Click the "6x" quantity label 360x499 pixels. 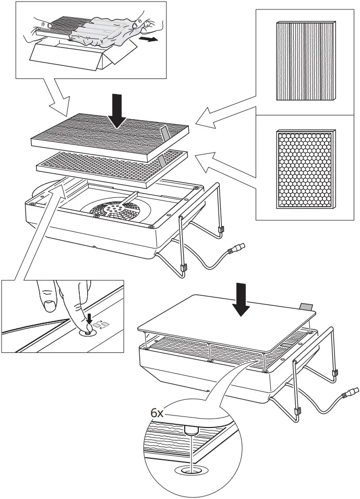point(157,412)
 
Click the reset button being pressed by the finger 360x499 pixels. point(87,329)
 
